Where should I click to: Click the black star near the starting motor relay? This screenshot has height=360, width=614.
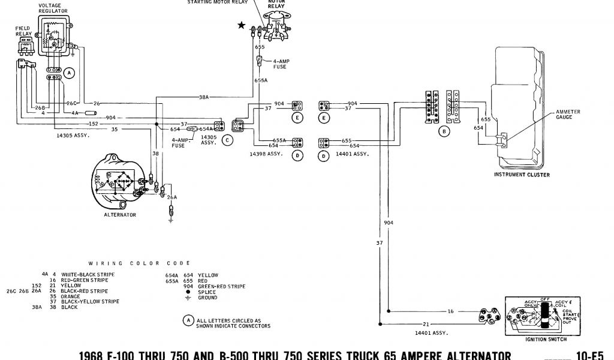241,25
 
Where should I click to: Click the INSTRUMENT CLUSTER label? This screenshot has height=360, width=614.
522,175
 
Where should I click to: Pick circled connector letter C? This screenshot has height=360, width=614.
227,140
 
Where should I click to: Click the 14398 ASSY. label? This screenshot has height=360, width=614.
264,154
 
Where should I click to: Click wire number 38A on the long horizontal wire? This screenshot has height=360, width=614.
204,97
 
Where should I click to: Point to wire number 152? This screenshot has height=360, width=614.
94,124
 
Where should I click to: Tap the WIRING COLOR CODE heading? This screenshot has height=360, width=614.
139,263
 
